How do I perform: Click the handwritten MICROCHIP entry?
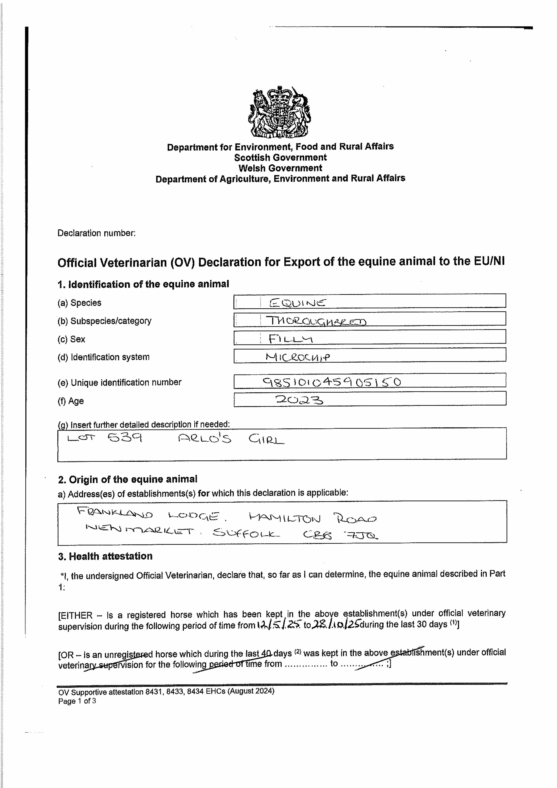tap(297, 357)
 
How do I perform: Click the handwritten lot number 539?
tap(125, 438)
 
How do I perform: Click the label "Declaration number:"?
tap(96, 233)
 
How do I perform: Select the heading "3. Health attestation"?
tap(105, 556)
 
